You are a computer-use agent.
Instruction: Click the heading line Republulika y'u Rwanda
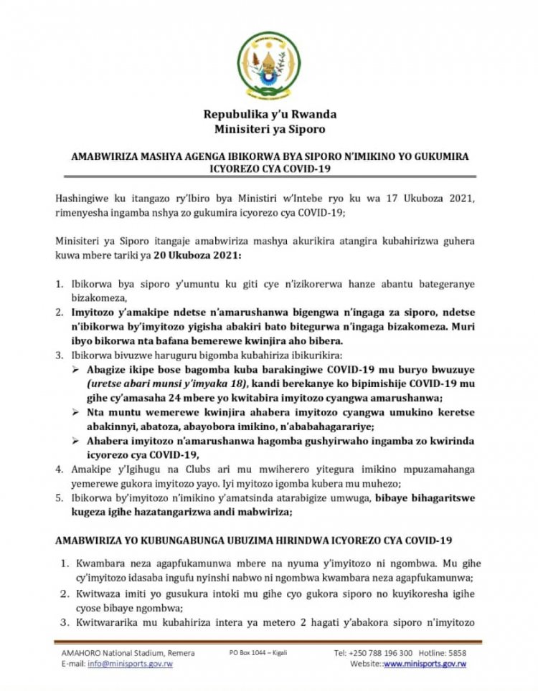270,114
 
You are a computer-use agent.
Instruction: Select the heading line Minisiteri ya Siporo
270,129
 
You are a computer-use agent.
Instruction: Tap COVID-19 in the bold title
300,171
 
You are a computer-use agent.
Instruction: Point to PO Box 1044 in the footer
249,653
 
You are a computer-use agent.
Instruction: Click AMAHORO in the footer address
77,653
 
